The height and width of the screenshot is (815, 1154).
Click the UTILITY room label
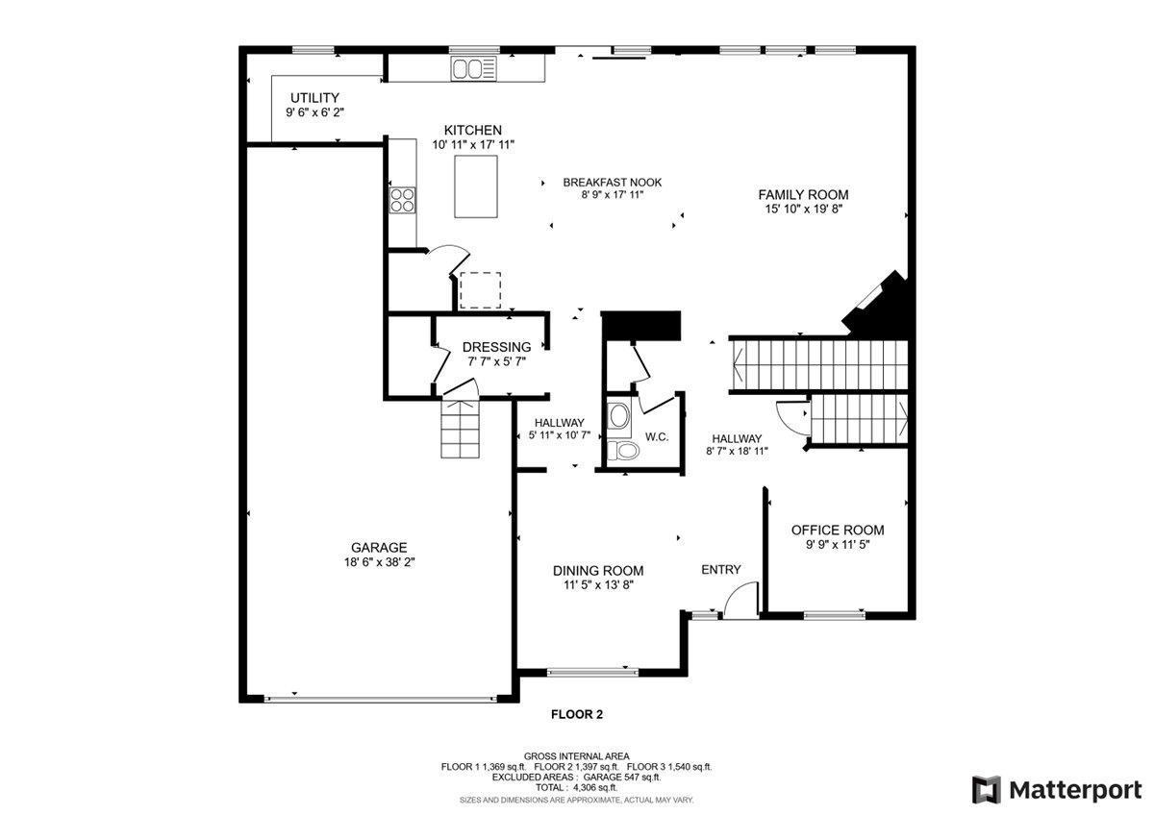[x=314, y=97]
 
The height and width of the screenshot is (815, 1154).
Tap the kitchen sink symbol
[x=474, y=68]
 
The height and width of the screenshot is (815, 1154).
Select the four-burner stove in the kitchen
[x=402, y=200]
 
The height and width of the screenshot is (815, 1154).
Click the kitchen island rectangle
[x=476, y=186]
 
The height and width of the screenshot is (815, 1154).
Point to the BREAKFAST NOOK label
[x=612, y=183]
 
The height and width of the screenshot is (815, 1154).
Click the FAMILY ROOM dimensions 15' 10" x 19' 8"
[x=803, y=209]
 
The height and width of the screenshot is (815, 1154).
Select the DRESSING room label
[x=496, y=347]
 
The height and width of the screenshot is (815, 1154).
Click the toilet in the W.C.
[x=623, y=451]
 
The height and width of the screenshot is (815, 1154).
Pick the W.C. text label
[x=657, y=437]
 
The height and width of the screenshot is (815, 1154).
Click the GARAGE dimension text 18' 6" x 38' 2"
[x=380, y=562]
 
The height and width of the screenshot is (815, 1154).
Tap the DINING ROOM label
[x=598, y=571]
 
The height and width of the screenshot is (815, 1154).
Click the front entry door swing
[x=741, y=600]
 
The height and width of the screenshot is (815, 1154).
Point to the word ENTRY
[x=720, y=569]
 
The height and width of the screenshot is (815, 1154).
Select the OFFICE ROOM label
[x=838, y=530]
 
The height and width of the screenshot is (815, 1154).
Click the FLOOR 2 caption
[x=577, y=715]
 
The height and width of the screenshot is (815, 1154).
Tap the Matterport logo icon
[x=986, y=790]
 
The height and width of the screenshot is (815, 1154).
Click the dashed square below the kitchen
[x=480, y=290]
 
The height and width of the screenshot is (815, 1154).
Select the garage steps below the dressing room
[x=460, y=429]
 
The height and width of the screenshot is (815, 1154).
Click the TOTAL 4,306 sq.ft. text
[x=576, y=788]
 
